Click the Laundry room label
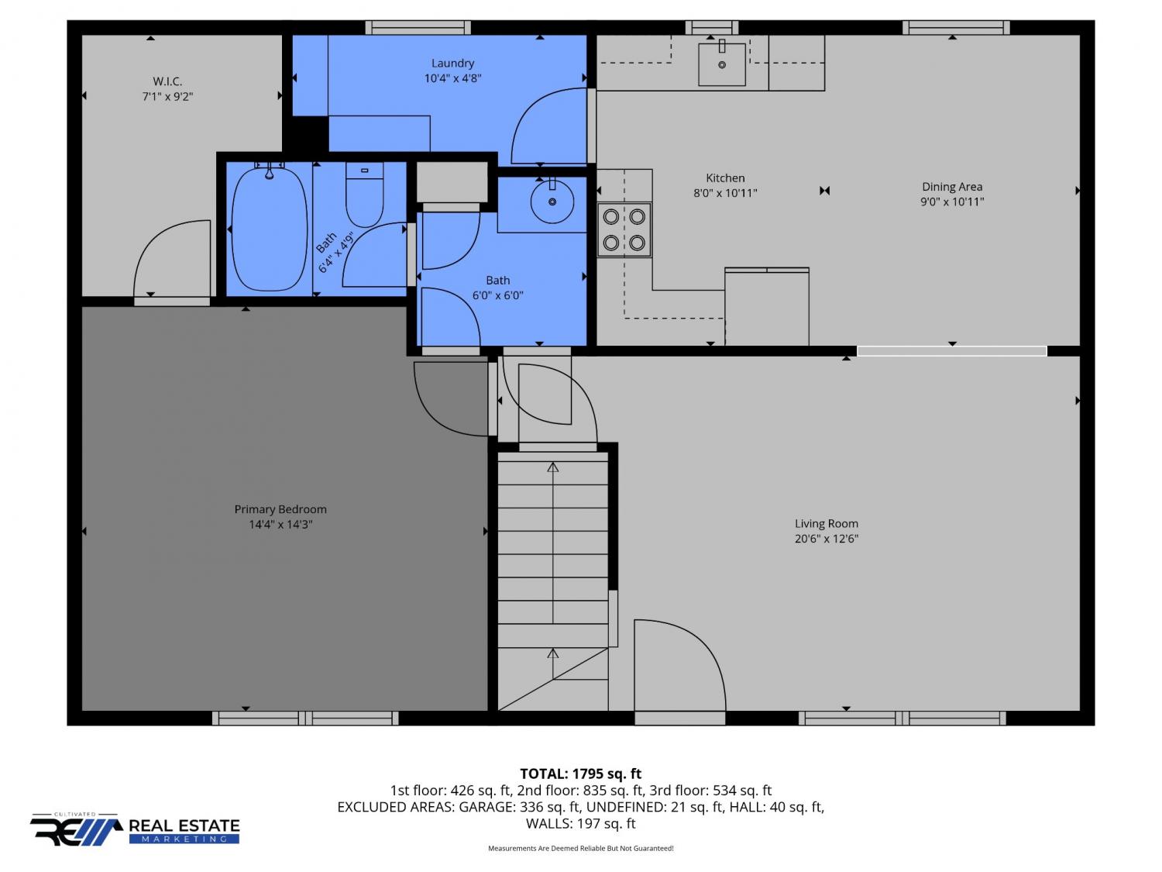click(452, 64)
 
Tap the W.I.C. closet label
click(167, 81)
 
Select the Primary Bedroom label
click(280, 509)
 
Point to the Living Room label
click(826, 524)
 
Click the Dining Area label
click(952, 187)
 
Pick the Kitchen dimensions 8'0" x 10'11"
click(725, 193)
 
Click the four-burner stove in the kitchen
click(624, 229)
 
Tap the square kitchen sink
click(721, 64)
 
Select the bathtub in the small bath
click(269, 229)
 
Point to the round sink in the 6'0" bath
click(552, 202)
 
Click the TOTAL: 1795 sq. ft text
click(581, 774)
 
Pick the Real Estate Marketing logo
click(135, 829)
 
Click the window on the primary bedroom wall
click(305, 718)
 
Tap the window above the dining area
click(955, 28)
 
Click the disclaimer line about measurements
click(581, 848)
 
